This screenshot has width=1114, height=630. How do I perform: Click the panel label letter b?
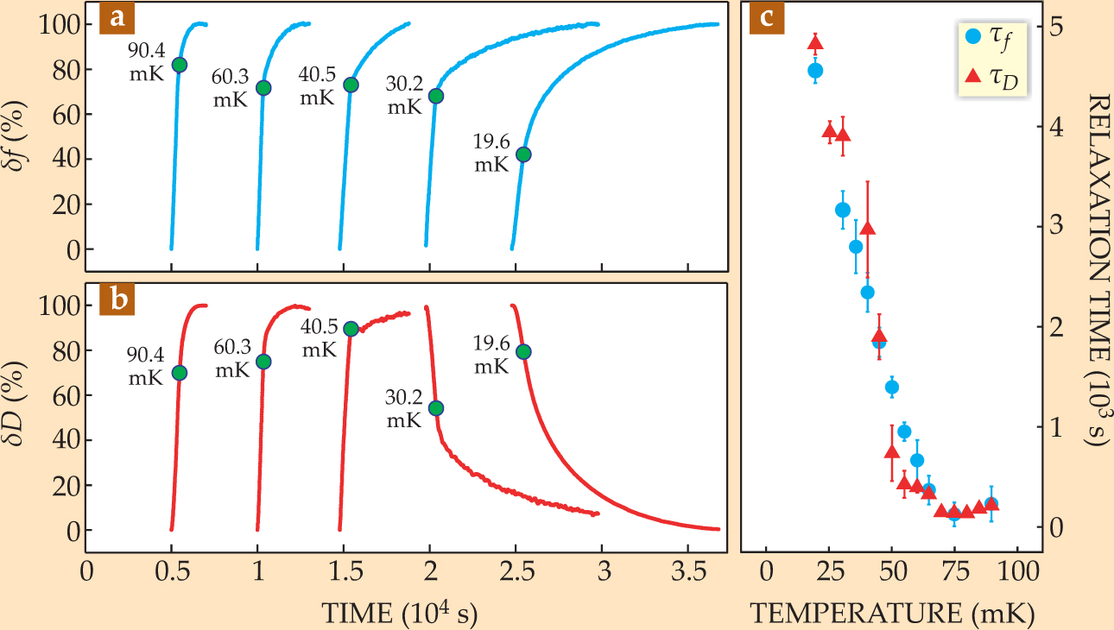[116, 301]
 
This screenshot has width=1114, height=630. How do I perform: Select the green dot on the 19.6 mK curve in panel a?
[522, 154]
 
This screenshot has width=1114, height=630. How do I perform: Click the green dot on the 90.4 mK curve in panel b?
[179, 373]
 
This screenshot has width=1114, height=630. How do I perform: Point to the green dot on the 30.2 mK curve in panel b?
[436, 408]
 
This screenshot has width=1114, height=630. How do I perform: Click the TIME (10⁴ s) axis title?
[400, 612]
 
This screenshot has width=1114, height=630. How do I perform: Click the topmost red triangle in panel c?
[815, 44]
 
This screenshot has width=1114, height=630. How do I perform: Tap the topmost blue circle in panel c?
[814, 71]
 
